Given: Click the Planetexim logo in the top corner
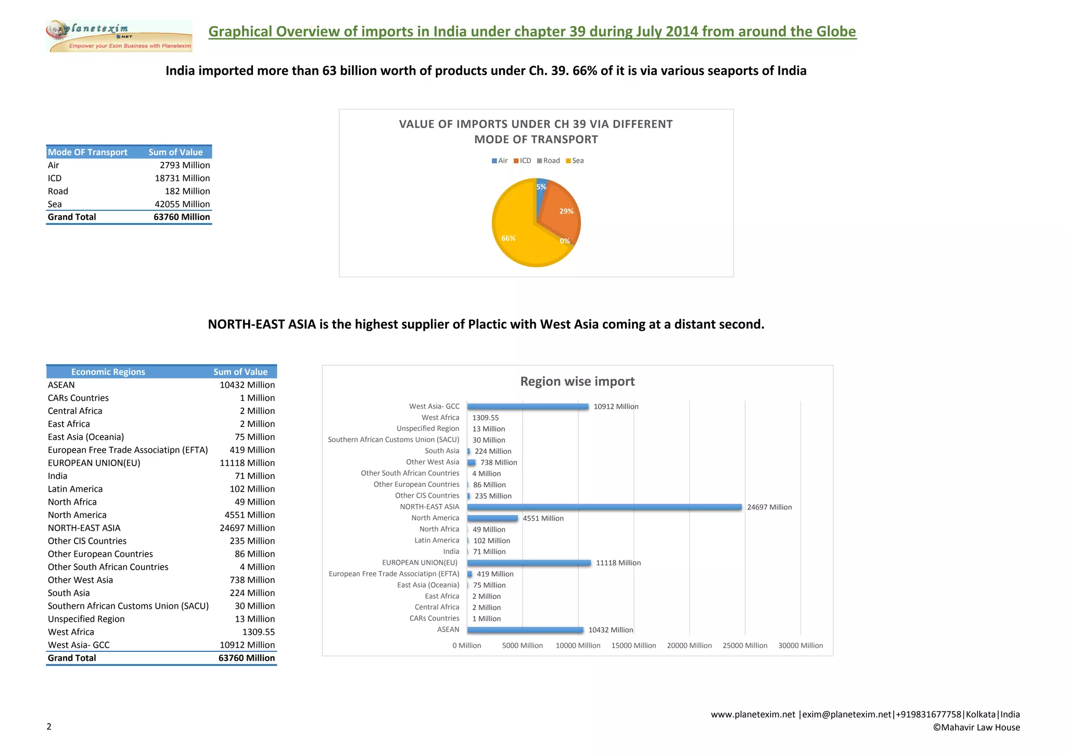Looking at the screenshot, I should click(x=119, y=36).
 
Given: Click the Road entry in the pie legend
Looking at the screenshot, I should click(x=549, y=161).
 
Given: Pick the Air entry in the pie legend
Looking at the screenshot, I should click(x=500, y=161).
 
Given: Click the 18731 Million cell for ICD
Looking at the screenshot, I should click(x=182, y=178).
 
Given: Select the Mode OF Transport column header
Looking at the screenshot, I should click(x=87, y=152).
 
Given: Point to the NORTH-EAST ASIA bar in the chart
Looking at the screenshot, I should click(x=604, y=507).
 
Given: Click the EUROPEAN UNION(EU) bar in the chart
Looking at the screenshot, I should click(x=529, y=563).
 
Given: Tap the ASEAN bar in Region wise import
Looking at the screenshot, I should click(x=525, y=630).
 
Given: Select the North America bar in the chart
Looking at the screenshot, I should click(x=492, y=518).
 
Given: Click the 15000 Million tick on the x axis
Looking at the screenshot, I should click(x=633, y=646).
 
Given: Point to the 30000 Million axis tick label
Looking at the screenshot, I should click(x=801, y=646).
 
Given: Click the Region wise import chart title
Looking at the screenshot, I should click(x=577, y=382).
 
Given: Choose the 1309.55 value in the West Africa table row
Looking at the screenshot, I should click(x=258, y=632).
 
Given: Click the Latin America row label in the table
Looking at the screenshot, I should click(x=75, y=489).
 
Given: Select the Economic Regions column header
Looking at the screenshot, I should click(x=108, y=372).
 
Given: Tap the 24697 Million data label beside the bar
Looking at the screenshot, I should click(x=769, y=507).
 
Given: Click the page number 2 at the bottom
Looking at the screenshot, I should click(x=49, y=727).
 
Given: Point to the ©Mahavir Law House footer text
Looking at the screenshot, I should click(x=976, y=727).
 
